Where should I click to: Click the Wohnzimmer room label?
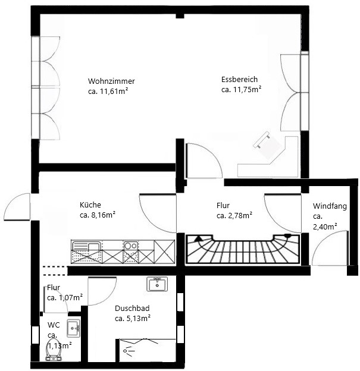(111, 81)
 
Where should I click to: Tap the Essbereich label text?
(239, 79)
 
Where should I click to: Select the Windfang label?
(330, 206)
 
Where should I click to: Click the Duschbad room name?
(132, 309)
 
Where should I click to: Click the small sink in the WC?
(73, 328)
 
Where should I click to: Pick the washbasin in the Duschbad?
(157, 284)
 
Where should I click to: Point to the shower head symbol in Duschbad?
(128, 350)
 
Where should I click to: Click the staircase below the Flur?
(243, 249)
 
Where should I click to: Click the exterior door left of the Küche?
(17, 207)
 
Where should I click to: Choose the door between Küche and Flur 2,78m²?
(158, 213)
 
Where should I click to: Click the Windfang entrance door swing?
(330, 248)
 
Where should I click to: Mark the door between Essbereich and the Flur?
(204, 161)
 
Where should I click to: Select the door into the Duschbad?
(102, 291)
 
